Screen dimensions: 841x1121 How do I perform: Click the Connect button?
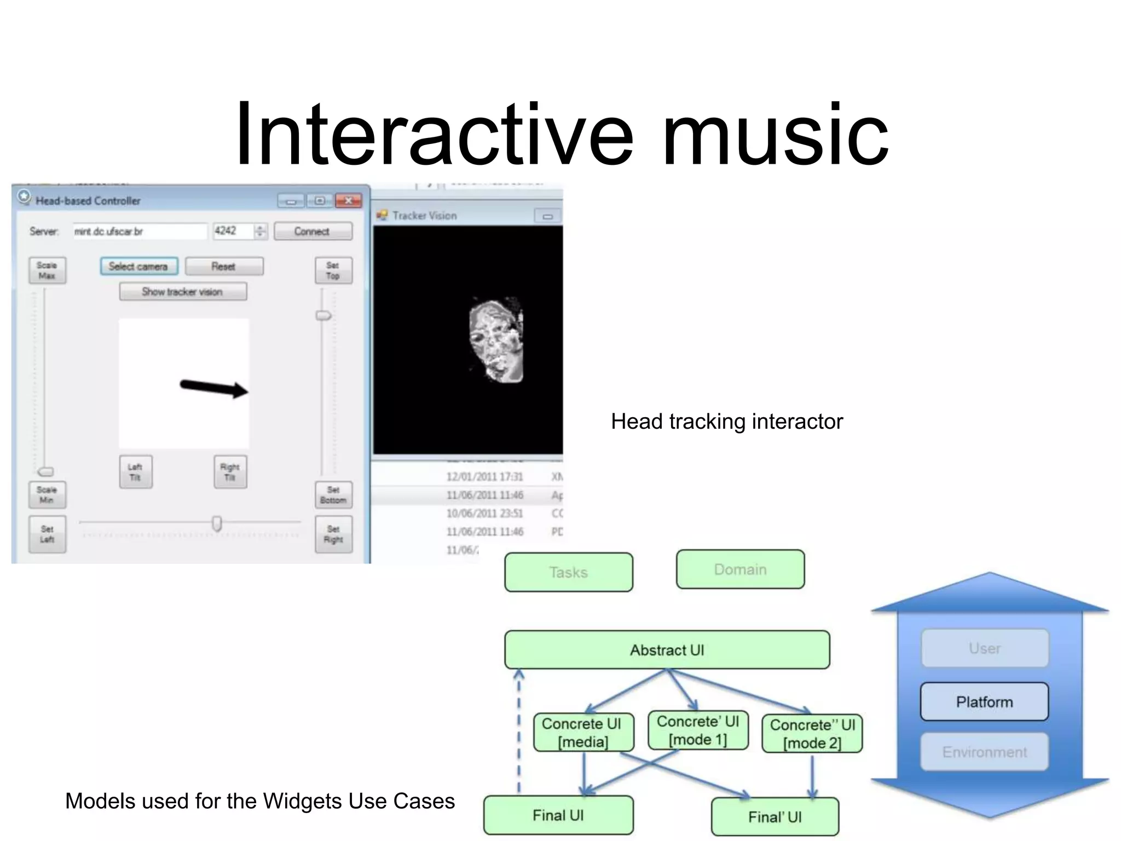[x=313, y=231]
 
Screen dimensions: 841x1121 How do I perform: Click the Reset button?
[x=224, y=267]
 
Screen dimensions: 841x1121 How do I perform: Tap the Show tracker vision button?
[x=183, y=292]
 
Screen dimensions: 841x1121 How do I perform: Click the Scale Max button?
[x=47, y=270]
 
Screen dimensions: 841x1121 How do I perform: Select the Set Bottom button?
[x=333, y=495]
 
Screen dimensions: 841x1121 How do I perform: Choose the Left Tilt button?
[x=136, y=472]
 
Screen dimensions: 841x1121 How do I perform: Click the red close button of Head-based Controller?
[x=348, y=200]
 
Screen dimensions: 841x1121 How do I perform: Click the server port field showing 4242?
[x=233, y=231]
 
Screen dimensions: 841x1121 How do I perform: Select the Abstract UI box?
[x=667, y=650]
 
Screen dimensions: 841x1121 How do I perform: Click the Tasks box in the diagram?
[x=568, y=572]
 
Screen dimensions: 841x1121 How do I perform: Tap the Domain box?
[x=740, y=569]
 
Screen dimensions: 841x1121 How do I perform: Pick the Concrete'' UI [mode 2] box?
[x=812, y=734]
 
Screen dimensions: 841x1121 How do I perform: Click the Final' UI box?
[x=775, y=817]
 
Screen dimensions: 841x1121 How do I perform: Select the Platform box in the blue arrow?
[x=984, y=701]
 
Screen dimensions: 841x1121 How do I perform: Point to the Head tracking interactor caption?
[x=726, y=422]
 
